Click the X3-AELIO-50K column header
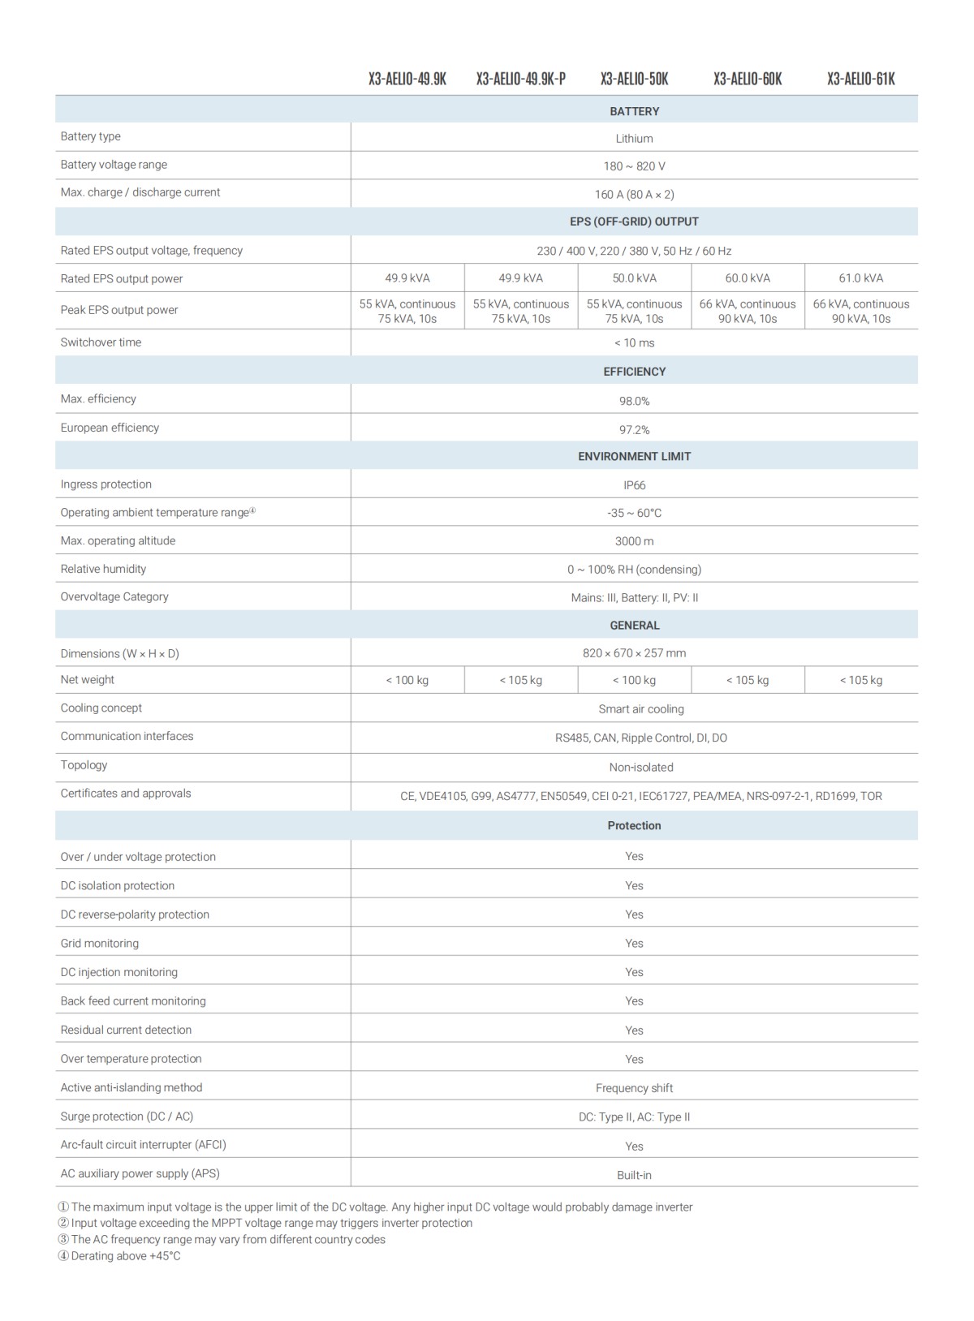point(634,79)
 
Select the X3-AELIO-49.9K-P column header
point(520,79)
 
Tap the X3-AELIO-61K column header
point(860,79)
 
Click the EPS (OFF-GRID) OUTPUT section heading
point(634,222)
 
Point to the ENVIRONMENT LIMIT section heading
point(634,456)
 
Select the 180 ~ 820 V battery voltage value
point(634,166)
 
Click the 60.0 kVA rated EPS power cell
point(748,278)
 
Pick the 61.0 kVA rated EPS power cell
point(860,278)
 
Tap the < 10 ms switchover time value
point(634,343)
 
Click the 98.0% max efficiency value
point(634,401)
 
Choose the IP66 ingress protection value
point(634,485)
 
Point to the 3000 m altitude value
point(634,541)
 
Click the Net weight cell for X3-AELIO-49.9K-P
point(520,680)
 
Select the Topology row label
point(84,765)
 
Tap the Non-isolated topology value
point(641,767)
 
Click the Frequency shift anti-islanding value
point(634,1088)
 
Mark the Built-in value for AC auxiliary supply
point(634,1175)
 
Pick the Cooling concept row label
point(101,708)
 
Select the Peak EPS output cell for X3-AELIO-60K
point(748,311)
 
